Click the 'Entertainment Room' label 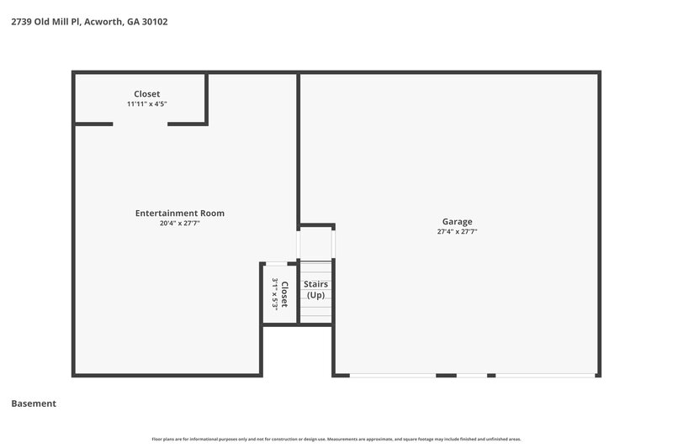179,213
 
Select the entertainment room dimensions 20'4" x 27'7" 179,224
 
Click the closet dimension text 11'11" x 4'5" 146,104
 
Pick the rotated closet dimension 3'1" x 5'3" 274,294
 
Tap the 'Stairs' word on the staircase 315,285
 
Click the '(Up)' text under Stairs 315,296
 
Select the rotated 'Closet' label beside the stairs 285,294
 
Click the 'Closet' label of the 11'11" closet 146,94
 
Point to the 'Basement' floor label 34,403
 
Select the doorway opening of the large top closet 140,124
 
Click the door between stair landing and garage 334,244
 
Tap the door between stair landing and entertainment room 298,244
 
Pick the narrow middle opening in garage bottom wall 471,375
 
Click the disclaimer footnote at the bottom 336,439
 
